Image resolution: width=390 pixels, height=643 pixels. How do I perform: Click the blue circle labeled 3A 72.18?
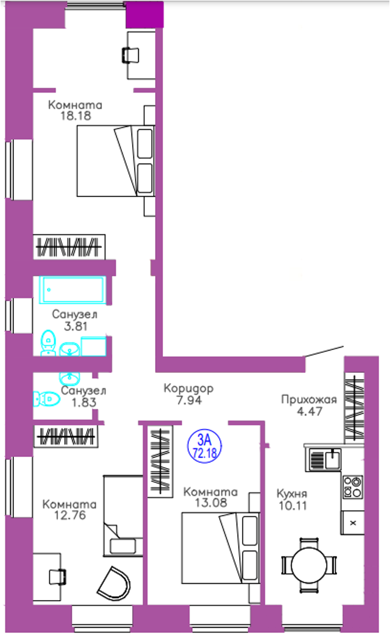[204, 446]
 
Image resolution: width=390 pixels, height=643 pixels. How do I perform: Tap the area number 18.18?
[76, 116]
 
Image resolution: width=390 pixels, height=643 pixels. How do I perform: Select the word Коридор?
[188, 389]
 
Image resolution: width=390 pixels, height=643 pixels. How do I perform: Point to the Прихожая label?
[309, 399]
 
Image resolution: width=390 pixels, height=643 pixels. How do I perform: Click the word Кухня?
[292, 493]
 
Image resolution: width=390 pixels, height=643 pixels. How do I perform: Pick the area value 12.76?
[70, 515]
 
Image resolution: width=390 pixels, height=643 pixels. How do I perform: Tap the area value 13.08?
[211, 503]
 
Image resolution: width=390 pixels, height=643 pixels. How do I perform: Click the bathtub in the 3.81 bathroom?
[72, 290]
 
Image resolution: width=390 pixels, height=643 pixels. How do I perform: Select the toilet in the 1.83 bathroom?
[46, 398]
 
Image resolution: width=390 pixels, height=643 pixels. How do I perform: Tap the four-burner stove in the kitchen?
[353, 486]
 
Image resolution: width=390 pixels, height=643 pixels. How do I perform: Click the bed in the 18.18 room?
[116, 160]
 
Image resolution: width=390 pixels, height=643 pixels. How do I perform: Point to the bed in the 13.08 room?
[221, 548]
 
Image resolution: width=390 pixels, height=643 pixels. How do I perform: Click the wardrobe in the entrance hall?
[354, 409]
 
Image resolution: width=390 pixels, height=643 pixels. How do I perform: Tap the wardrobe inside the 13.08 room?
[160, 461]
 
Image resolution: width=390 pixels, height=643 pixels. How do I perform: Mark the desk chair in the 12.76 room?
[57, 576]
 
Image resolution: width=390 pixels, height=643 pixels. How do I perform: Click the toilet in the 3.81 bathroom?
[48, 343]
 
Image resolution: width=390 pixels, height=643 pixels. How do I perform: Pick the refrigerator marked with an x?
[353, 523]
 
